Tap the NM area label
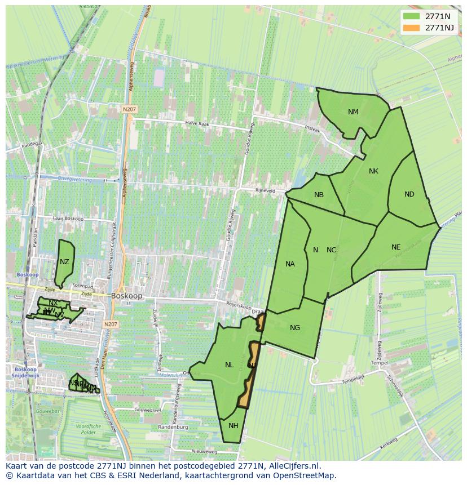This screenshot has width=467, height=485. pyautogui.click(x=353, y=112)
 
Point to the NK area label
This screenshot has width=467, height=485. pyautogui.click(x=373, y=171)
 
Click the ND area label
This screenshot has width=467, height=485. pyautogui.click(x=409, y=194)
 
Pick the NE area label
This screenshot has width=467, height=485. pyautogui.click(x=396, y=247)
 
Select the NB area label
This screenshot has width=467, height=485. pyautogui.click(x=319, y=195)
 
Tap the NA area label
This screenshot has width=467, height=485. pyautogui.click(x=290, y=264)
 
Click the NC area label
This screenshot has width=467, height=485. pyautogui.click(x=331, y=250)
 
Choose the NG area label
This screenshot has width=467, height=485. pyautogui.click(x=295, y=328)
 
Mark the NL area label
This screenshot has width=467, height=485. pyautogui.click(x=229, y=365)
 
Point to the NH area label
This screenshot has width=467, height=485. pyautogui.click(x=233, y=426)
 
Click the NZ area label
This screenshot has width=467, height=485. pyautogui.click(x=64, y=262)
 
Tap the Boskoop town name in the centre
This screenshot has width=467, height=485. pyautogui.click(x=127, y=295)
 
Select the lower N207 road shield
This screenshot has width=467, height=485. pyautogui.click(x=111, y=324)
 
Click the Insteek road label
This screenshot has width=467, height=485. pyautogui.click(x=312, y=129)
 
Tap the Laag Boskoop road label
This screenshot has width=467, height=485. pyautogui.click(x=68, y=219)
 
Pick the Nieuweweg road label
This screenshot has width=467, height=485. pyautogui.click(x=204, y=451)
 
